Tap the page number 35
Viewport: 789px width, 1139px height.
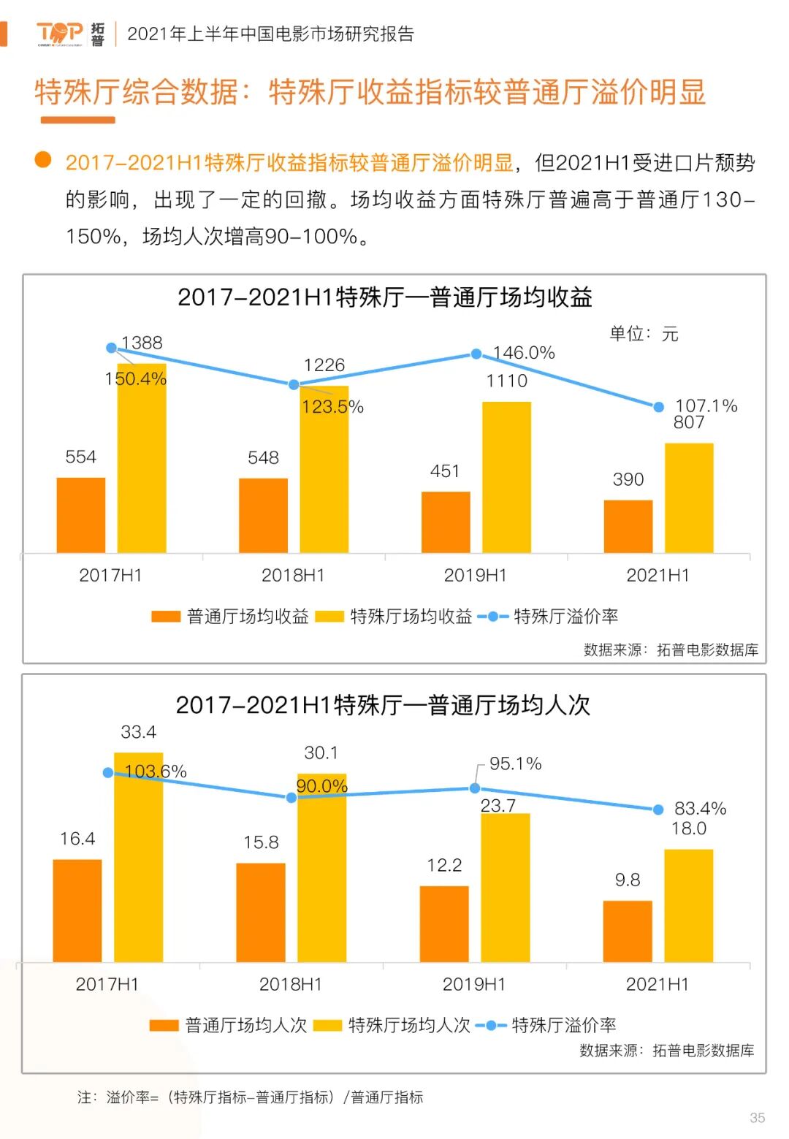tap(757, 1118)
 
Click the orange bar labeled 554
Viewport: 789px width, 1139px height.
tap(81, 515)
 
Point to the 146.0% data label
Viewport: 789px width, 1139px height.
tap(524, 353)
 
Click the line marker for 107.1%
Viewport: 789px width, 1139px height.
tap(658, 407)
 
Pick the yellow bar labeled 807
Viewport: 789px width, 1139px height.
tap(689, 498)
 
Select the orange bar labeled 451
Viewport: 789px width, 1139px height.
tap(446, 522)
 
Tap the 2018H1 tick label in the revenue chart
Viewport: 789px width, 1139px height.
tap(293, 576)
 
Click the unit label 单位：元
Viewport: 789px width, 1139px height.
tap(644, 334)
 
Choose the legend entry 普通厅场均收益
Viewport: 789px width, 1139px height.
tap(231, 617)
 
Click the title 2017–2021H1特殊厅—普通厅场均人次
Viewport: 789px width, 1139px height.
tap(383, 705)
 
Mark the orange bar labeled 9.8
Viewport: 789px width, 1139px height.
tap(628, 931)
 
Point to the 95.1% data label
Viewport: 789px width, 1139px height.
tap(515, 764)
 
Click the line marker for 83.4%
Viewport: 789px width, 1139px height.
tap(657, 810)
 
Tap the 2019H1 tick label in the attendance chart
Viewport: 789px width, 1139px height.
tap(474, 985)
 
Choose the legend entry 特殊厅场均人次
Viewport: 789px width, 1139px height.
tap(392, 1026)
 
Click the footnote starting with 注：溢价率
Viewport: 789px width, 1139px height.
tap(250, 1097)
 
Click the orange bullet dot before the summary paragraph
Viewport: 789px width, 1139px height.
tap(43, 160)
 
